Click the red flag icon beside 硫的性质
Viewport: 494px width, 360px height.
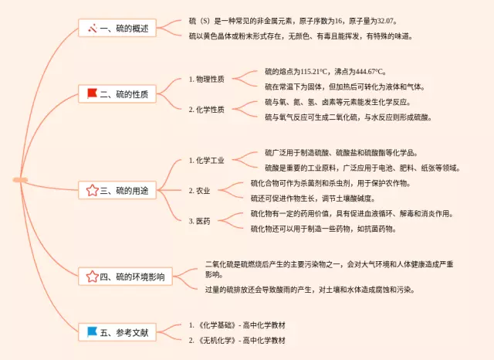pyautogui.click(x=93, y=94)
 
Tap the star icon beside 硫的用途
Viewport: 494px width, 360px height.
pyautogui.click(x=93, y=190)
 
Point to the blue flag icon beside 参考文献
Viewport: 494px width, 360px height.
pyautogui.click(x=93, y=333)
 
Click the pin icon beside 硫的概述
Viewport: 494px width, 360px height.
pyautogui.click(x=93, y=29)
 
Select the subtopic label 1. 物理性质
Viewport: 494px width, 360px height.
pyautogui.click(x=207, y=79)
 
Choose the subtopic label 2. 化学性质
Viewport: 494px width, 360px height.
pyautogui.click(x=207, y=110)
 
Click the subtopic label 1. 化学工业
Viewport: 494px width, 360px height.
pyautogui.click(x=207, y=161)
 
